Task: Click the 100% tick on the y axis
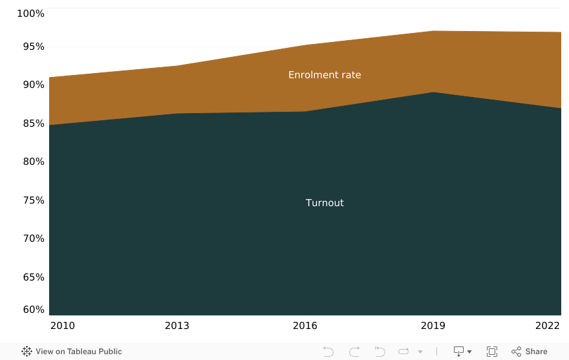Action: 30,14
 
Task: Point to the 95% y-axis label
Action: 30,47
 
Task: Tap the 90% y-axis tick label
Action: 30,85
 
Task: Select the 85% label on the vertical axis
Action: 30,123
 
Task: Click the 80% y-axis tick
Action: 30,162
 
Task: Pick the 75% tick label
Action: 30,200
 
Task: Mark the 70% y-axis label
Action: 30,238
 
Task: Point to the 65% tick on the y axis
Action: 30,277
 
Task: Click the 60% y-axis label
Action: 30,310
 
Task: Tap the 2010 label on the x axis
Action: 62,326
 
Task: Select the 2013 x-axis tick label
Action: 177,326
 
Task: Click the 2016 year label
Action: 305,326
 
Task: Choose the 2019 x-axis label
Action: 433,326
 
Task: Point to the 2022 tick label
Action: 548,326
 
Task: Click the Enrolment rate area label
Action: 325,75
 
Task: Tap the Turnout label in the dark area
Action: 325,203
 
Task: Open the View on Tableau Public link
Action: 72,352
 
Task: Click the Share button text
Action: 536,352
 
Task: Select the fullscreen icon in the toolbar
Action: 492,352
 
